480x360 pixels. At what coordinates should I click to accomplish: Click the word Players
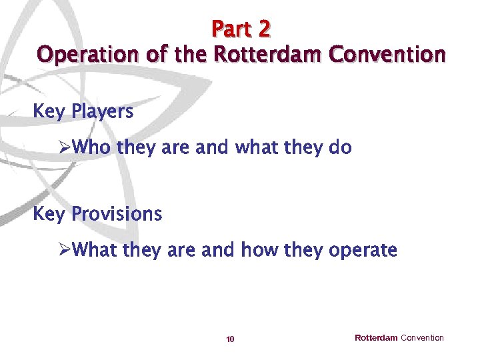tap(102, 112)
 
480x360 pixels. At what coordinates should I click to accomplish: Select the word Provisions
tap(117, 214)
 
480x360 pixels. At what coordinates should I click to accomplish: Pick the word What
tap(95, 251)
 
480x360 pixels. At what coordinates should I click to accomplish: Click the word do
tap(340, 148)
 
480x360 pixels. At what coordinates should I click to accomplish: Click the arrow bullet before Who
tap(65, 148)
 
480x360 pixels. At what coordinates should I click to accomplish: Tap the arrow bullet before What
tap(65, 251)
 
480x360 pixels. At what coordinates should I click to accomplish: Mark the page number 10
tap(230, 339)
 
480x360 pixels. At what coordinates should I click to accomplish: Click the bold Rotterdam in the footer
tap(376, 338)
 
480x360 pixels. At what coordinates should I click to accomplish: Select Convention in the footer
tap(422, 338)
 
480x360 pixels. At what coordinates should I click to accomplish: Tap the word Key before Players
tap(48, 112)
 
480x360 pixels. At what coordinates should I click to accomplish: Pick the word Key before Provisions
tap(48, 214)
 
